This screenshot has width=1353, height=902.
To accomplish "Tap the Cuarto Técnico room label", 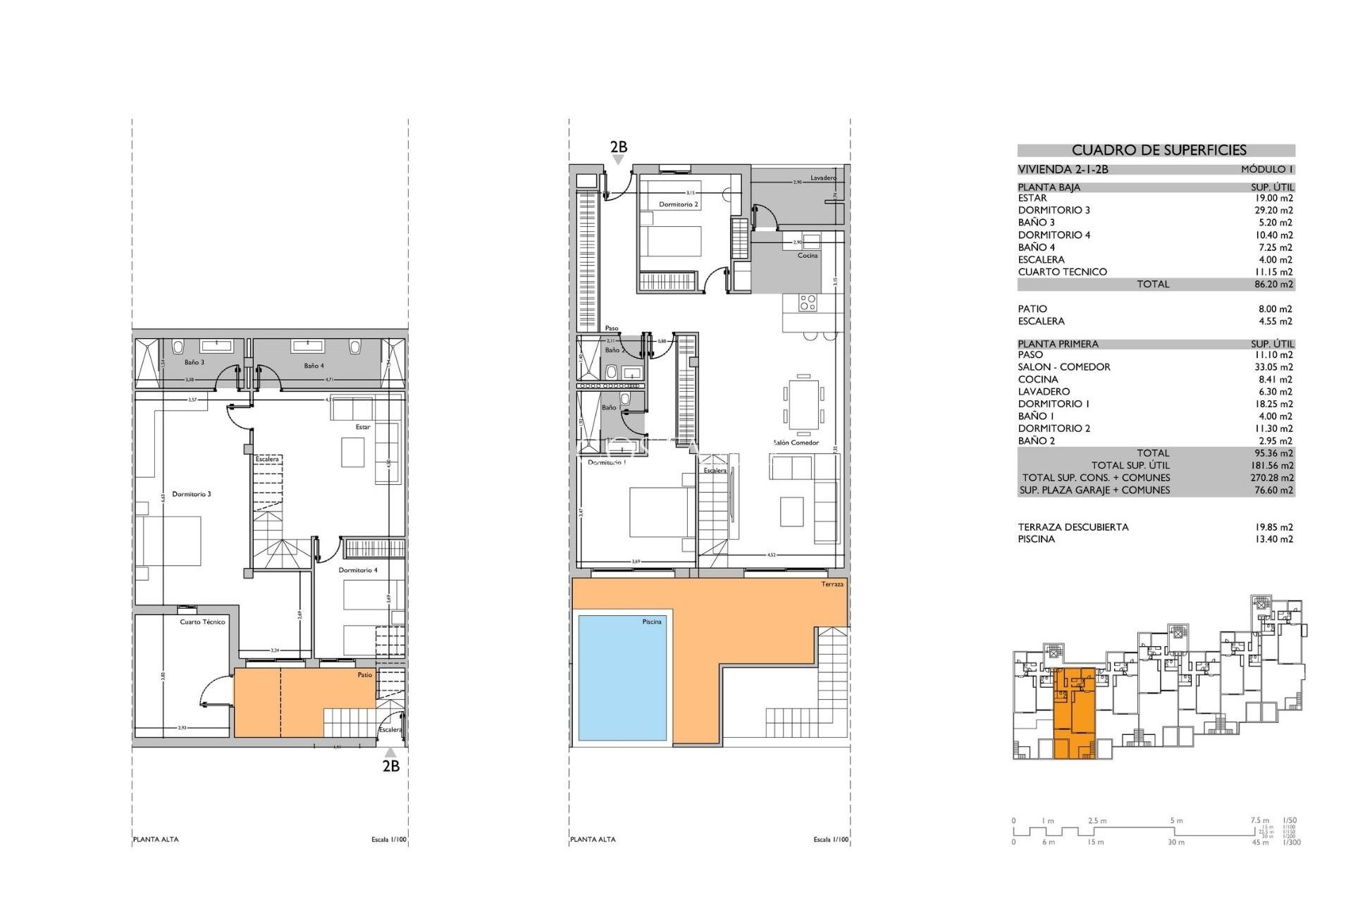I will click(202, 622).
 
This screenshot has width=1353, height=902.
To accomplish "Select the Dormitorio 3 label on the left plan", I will click(191, 494).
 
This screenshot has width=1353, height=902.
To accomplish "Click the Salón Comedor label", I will click(796, 443).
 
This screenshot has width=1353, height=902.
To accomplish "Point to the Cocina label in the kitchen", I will click(808, 255).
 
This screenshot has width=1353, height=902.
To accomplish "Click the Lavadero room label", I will click(822, 178).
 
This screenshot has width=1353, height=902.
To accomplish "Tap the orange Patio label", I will click(364, 675).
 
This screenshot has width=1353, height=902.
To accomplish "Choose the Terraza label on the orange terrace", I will click(832, 584).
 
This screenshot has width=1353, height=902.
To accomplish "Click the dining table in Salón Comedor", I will click(803, 404).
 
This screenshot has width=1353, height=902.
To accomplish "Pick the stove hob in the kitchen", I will click(808, 303).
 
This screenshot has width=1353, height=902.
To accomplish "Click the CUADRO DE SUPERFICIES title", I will click(1159, 150).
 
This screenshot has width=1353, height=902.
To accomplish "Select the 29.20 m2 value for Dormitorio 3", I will click(1273, 210).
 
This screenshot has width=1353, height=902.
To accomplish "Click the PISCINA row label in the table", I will click(1036, 539).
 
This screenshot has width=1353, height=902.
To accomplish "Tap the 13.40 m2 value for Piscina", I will click(1273, 539).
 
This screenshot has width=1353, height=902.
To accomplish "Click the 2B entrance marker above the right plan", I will click(619, 147).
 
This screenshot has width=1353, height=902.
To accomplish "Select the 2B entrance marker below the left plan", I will click(391, 766).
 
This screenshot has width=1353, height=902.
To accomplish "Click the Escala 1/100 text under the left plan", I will click(389, 839).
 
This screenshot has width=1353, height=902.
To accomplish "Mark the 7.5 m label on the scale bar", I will click(1259, 820).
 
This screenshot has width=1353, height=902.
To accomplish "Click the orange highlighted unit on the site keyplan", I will click(1075, 712).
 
